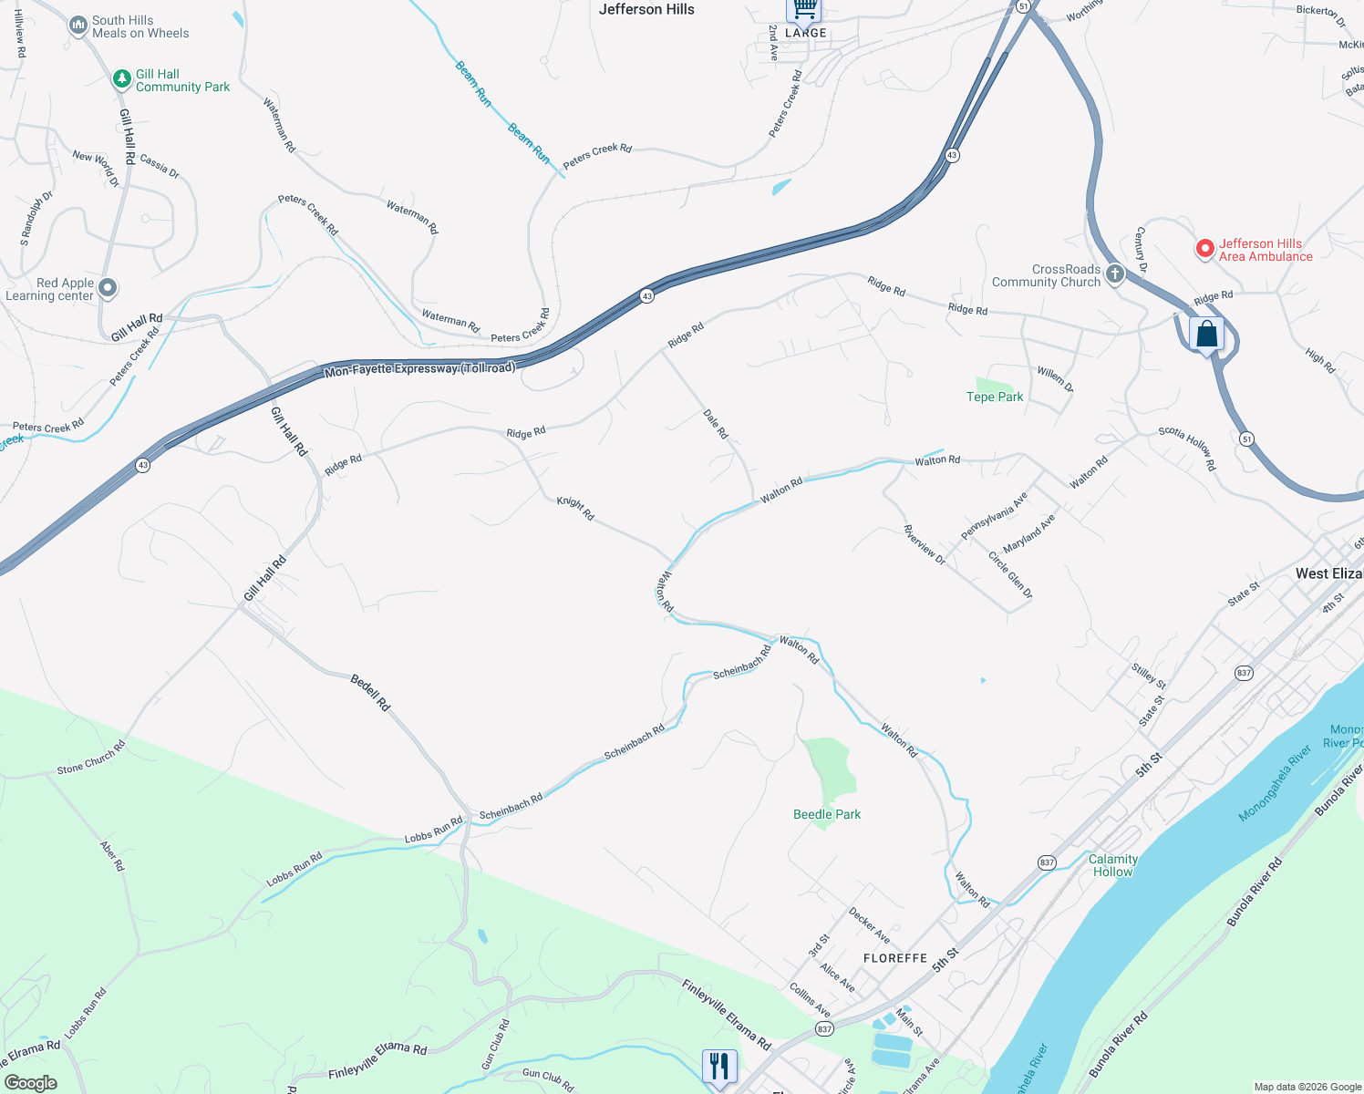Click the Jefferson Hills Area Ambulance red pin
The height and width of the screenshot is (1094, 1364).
click(1204, 248)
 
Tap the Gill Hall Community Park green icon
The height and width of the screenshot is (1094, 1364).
click(121, 79)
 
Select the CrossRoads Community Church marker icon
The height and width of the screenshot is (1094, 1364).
click(1114, 273)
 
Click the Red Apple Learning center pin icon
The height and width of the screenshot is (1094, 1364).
click(108, 288)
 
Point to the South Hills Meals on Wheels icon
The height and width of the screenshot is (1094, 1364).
click(78, 26)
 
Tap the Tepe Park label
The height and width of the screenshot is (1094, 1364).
click(995, 397)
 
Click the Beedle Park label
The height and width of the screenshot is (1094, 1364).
click(827, 814)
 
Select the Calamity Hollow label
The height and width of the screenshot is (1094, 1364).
click(1112, 865)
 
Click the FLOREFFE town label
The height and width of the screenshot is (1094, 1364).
click(895, 958)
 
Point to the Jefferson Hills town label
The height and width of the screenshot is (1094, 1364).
click(646, 9)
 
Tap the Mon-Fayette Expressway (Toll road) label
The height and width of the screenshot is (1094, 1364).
click(420, 368)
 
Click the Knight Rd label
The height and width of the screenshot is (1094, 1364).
click(575, 509)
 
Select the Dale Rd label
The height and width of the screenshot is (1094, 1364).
click(716, 424)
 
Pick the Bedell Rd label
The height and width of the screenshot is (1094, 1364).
click(371, 692)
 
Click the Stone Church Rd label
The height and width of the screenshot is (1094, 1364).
click(91, 758)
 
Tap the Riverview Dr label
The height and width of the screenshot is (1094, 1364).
click(925, 544)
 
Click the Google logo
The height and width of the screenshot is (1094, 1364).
click(31, 1083)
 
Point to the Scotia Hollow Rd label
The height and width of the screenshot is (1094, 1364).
click(1187, 448)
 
